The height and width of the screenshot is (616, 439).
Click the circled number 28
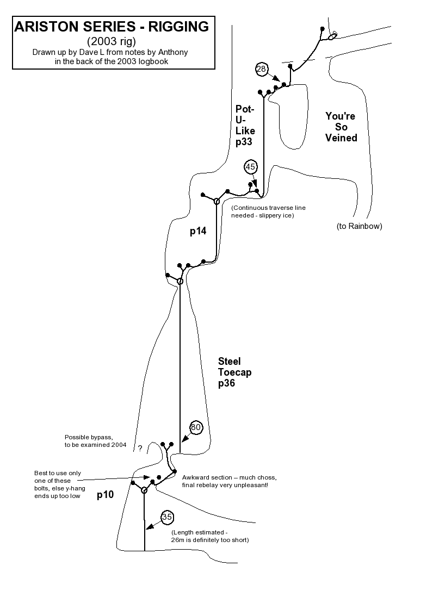(262, 69)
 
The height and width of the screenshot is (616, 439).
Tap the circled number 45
(250, 167)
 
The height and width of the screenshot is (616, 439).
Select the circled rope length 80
(196, 428)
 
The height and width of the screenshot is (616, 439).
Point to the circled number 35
(168, 517)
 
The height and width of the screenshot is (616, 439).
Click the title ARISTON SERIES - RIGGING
(112, 26)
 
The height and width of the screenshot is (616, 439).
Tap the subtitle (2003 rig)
(112, 41)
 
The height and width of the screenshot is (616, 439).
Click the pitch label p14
(198, 231)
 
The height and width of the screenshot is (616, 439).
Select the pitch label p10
(105, 495)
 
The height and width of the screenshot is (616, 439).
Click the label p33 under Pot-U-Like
(245, 142)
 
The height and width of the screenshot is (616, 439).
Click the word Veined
(341, 138)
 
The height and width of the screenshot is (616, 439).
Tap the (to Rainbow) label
(359, 226)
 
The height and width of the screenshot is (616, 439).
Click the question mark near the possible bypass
(140, 448)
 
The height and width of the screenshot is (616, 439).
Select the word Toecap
(234, 372)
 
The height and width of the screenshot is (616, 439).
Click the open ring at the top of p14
(217, 202)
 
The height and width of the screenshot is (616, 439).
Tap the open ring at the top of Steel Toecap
(180, 281)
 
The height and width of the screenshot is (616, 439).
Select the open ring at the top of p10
(144, 490)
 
